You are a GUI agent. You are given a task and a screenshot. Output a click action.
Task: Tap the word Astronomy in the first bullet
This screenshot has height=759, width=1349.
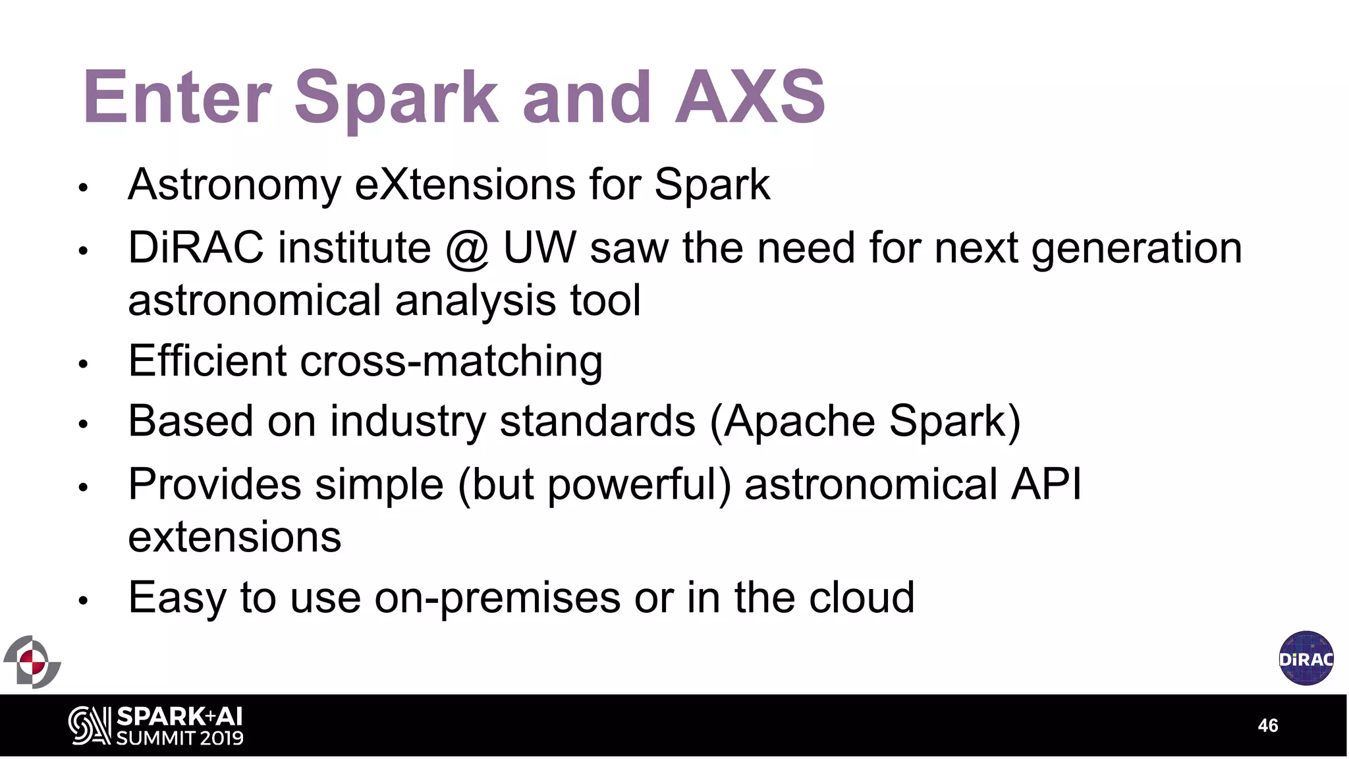[x=234, y=185]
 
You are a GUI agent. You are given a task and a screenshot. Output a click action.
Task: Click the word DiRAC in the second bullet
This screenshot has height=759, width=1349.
[x=196, y=248]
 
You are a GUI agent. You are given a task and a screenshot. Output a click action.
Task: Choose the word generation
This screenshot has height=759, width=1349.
[x=1136, y=250]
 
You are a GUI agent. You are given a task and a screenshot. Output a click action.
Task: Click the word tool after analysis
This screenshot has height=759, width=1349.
[x=605, y=300]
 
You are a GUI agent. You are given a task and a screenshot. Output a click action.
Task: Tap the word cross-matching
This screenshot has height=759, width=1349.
[x=451, y=361]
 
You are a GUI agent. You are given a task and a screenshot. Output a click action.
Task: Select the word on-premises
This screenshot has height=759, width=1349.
[x=497, y=598]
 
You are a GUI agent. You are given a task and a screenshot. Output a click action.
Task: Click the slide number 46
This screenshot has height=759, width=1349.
[x=1267, y=725]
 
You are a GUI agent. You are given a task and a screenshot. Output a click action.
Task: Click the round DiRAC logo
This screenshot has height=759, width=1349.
[x=1306, y=658]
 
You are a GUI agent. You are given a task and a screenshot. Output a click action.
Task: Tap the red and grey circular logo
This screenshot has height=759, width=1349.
[x=32, y=661]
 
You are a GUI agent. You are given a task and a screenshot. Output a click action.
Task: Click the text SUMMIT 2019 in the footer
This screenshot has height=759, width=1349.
[x=179, y=738]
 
